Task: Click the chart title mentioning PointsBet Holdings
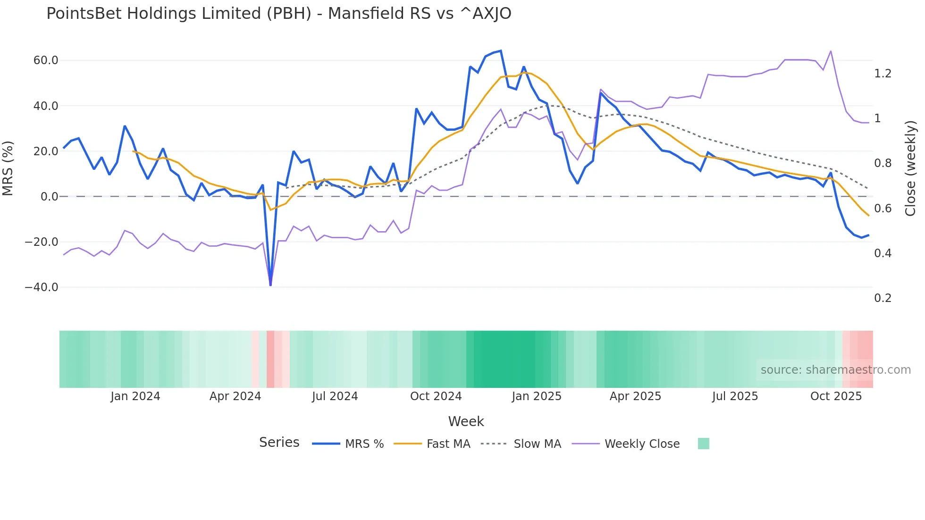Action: [278, 14]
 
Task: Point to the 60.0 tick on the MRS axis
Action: [46, 60]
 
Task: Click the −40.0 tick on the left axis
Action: [42, 287]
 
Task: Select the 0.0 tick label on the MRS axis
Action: [49, 197]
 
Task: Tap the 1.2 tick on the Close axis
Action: [883, 74]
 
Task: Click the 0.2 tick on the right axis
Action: [883, 298]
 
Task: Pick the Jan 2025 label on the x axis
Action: [537, 396]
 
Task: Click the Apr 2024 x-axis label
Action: [235, 396]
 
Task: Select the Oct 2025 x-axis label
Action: [836, 396]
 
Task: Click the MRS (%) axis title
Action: [8, 168]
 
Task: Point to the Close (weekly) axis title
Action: [910, 168]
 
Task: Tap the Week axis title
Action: [466, 421]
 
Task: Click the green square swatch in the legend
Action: [703, 444]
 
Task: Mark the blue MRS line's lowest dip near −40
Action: [270, 285]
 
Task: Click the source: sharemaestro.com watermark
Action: [835, 370]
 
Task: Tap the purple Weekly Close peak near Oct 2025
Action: [831, 51]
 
